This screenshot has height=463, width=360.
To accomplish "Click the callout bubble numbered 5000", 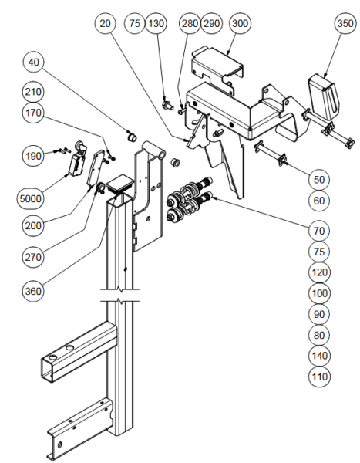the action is coord(30,198).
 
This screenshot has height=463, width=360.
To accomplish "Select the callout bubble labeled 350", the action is coord(345,23).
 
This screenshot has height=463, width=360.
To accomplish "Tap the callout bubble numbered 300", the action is coord(240,23).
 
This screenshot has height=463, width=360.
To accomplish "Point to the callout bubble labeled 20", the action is coord(106,23).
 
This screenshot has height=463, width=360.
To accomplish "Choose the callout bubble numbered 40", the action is coord(33,62).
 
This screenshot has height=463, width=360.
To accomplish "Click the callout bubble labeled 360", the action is coord(33,291).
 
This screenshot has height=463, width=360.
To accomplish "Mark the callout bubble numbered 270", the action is coord(33,257).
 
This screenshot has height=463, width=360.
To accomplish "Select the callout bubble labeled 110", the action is coord(319,377).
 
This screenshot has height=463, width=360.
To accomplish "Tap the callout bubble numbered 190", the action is coord(33,155).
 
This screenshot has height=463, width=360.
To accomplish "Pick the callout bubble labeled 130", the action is coord(156,23).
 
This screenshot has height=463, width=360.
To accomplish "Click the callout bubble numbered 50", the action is coord(319,180).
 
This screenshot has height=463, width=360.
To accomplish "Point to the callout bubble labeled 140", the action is coord(319,356).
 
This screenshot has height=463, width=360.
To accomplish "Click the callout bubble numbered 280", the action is coord(190,23).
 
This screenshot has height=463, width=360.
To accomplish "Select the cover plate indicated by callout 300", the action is coord(217,69).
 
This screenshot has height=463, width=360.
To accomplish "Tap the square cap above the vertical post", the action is coord(119,184).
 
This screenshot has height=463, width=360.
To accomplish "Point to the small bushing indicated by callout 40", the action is coord(132,137).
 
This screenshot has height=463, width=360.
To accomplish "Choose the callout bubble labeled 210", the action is coord(33,92).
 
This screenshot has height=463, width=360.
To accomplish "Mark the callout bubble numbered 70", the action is coord(319,230).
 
